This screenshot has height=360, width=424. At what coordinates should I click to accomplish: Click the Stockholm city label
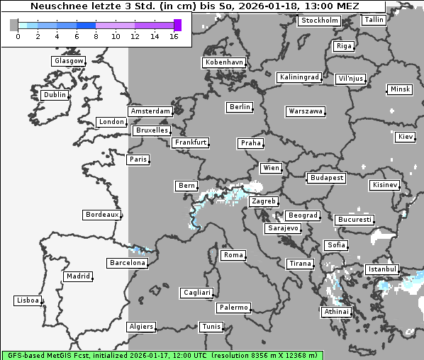[319, 21]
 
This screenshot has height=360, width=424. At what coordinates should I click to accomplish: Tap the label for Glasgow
[69, 61]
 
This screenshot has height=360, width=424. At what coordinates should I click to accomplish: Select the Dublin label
[55, 95]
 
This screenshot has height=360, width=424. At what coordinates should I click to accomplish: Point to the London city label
[111, 122]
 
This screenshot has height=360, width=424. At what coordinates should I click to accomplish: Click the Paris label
[138, 159]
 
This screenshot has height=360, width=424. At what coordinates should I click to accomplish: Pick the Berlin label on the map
[240, 107]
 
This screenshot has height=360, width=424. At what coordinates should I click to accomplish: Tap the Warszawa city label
[306, 111]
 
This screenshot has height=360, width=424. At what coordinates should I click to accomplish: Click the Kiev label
[406, 136]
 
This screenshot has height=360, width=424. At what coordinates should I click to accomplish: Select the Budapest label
[326, 177]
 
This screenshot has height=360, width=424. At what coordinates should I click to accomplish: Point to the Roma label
[233, 255]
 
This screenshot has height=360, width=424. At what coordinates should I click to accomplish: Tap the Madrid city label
[77, 276]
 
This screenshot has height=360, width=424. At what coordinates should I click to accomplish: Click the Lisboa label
[28, 300]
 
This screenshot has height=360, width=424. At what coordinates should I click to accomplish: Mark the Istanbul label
[382, 270]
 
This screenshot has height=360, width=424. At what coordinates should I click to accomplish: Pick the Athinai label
[336, 312]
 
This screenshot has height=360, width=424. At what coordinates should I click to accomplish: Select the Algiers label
[140, 327]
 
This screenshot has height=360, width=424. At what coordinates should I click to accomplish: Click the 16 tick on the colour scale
[174, 35]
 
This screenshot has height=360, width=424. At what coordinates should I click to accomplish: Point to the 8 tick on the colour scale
[96, 35]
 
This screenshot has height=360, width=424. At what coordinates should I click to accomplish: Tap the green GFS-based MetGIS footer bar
[162, 355]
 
